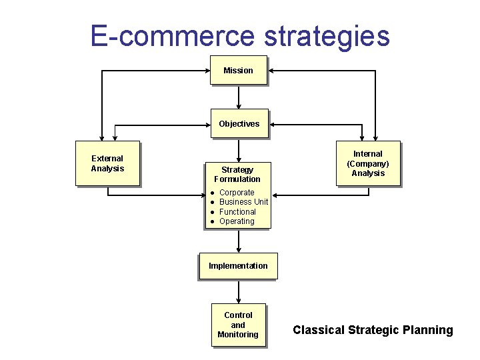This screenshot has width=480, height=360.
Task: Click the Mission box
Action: tap(238, 70)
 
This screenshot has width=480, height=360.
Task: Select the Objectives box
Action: tap(239, 123)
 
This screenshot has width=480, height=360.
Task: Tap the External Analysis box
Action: tap(107, 163)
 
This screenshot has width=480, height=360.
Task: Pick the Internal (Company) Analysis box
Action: tap(368, 163)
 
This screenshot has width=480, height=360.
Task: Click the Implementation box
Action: tap(238, 266)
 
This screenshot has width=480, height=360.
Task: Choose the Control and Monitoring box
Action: tap(238, 325)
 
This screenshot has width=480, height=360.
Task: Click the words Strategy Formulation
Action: tap(237, 174)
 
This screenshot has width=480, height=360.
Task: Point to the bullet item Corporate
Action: tap(237, 193)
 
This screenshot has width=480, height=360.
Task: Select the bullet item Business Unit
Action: tap(243, 202)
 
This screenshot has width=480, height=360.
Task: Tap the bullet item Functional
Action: tap(237, 212)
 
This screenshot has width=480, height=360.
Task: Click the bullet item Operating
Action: tap(237, 221)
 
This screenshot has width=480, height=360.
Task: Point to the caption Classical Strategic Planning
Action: tap(373, 330)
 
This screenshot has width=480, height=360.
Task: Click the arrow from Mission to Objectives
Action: tap(239, 97)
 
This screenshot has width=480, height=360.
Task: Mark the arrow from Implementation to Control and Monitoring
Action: tap(239, 291)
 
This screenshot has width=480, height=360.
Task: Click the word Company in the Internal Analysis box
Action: tap(368, 164)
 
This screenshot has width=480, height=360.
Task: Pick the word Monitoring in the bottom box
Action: tap(238, 335)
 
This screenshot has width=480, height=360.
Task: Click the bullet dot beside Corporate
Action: tap(211, 193)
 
